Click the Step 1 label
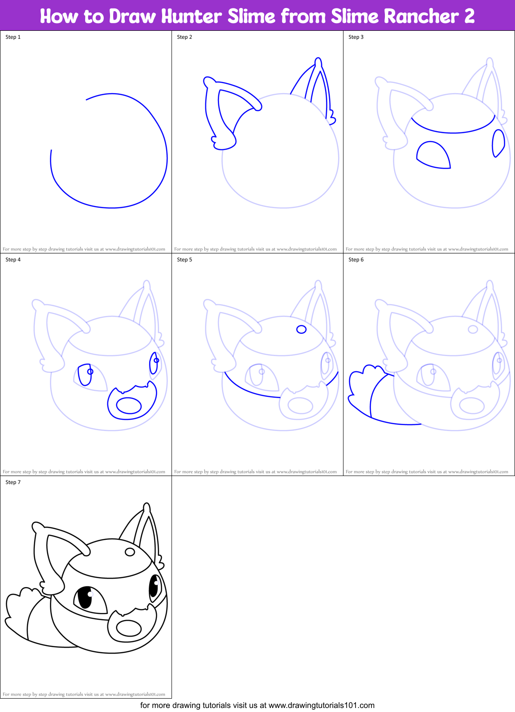(x=13, y=37)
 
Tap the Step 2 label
(x=184, y=37)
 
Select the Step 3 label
(x=356, y=37)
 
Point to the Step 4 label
(x=13, y=260)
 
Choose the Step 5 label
(x=184, y=260)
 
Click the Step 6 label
(x=356, y=260)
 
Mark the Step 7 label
(x=13, y=482)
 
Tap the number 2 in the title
(x=469, y=17)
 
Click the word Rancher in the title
(x=421, y=17)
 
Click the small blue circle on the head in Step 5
(x=302, y=329)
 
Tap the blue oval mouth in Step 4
(x=129, y=406)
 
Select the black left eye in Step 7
(x=85, y=598)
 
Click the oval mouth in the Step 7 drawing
(x=129, y=628)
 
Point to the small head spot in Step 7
(x=130, y=552)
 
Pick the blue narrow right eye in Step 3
(x=498, y=143)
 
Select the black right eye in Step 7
(x=154, y=586)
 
